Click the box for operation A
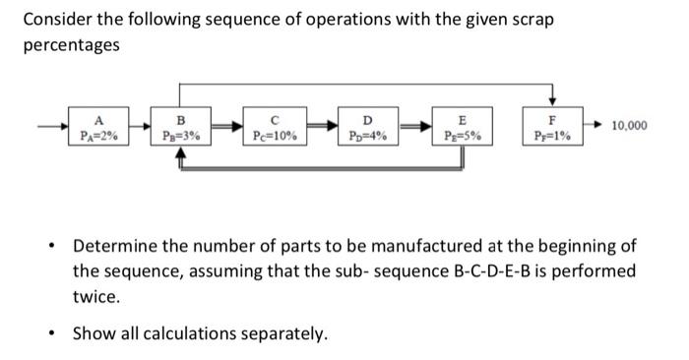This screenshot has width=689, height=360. (x=97, y=130)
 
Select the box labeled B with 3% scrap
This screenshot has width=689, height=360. (x=180, y=130)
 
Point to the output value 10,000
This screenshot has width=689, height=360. (x=630, y=126)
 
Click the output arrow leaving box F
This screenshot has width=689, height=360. (x=593, y=127)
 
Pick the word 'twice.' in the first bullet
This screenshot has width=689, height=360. (x=96, y=296)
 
